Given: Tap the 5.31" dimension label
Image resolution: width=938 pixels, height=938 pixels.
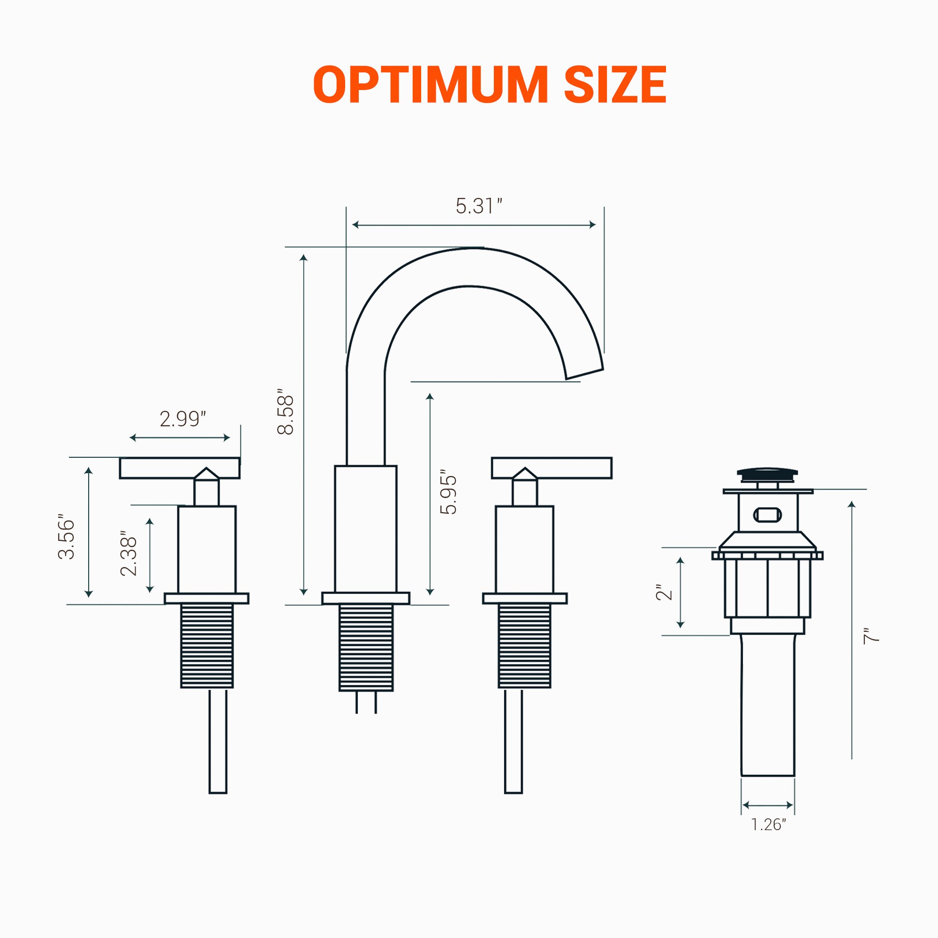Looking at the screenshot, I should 478,206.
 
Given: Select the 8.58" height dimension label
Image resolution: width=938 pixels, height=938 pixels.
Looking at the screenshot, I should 286,411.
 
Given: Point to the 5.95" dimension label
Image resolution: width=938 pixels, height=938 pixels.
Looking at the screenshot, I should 448,492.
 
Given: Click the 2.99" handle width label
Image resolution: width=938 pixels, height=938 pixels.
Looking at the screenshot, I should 182,418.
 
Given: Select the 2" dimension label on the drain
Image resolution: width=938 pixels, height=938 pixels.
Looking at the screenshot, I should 664,593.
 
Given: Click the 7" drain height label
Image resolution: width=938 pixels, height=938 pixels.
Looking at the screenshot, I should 871,635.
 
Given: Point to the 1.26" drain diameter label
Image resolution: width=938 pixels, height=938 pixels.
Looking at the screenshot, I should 768,825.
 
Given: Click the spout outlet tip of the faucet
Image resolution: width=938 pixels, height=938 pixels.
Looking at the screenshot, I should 584,374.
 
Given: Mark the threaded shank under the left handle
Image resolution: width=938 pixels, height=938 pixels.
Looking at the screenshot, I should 207,646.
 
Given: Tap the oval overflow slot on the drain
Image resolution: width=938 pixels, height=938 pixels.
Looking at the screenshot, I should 767,514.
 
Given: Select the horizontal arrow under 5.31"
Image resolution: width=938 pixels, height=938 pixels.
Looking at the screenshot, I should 474,225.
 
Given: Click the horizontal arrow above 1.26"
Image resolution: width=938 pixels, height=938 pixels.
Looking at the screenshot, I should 768,805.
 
